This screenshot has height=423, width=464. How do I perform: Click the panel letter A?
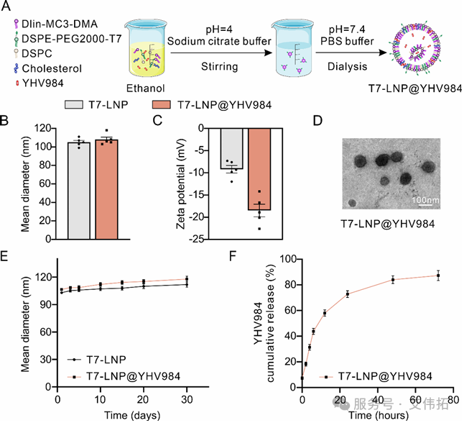pyautogui.click(x=7, y=6)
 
